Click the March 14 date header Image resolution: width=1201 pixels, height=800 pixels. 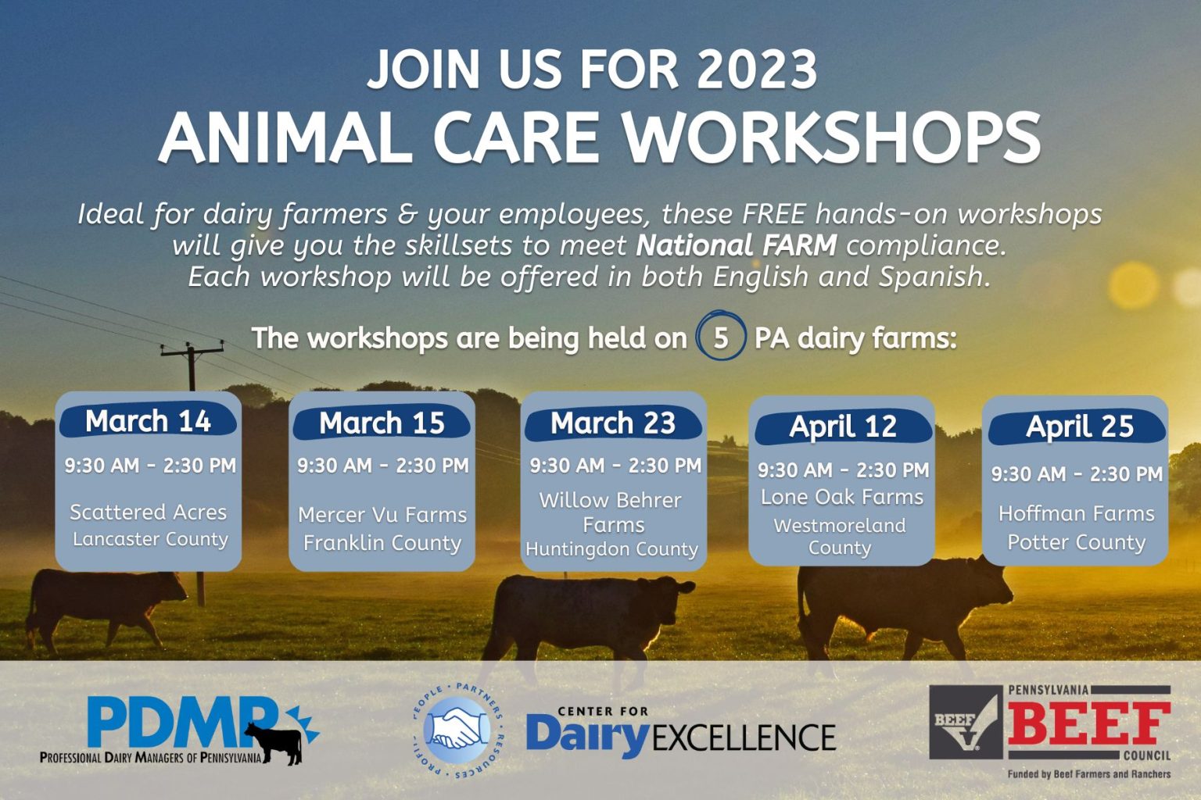pyautogui.click(x=148, y=421)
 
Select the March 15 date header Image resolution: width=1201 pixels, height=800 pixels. pyautogui.click(x=382, y=423)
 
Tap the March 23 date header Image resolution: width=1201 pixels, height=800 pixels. pyautogui.click(x=613, y=423)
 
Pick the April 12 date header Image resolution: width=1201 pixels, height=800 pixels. pyautogui.click(x=842, y=427)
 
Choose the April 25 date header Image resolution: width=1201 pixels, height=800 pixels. pyautogui.click(x=1078, y=427)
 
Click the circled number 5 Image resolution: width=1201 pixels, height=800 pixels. pyautogui.click(x=720, y=338)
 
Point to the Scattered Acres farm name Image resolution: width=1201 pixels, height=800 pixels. pyautogui.click(x=148, y=512)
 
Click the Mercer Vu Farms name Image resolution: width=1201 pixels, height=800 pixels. pyautogui.click(x=382, y=515)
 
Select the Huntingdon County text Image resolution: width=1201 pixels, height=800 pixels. pyautogui.click(x=611, y=549)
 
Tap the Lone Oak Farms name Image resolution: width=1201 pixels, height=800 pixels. pyautogui.click(x=842, y=497)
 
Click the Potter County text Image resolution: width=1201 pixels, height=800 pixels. pyautogui.click(x=1076, y=542)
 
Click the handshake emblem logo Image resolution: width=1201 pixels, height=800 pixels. pyautogui.click(x=457, y=730)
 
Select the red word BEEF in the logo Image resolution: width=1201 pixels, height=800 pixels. pyautogui.click(x=1088, y=723)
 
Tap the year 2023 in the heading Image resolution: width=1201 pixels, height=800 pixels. pyautogui.click(x=756, y=70)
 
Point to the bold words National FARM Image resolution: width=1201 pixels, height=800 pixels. pyautogui.click(x=736, y=245)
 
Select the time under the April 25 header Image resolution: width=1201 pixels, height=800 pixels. pyautogui.click(x=1076, y=474)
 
